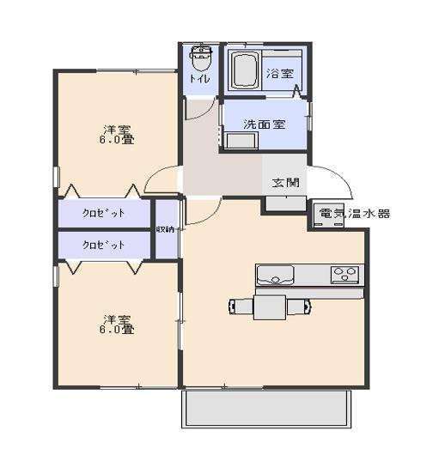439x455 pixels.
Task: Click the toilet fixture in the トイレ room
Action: tap(200, 60)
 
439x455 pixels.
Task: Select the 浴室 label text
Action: tap(278, 73)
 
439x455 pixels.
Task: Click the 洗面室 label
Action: tap(264, 124)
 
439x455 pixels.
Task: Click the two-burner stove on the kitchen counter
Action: tap(346, 275)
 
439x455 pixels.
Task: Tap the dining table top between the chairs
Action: tap(269, 306)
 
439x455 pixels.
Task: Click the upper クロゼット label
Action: tap(104, 212)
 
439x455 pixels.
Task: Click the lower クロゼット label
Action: tap(104, 245)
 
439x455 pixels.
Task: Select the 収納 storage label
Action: tap(167, 229)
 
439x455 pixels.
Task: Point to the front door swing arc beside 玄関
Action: tap(335, 176)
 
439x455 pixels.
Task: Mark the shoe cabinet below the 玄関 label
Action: tap(284, 203)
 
